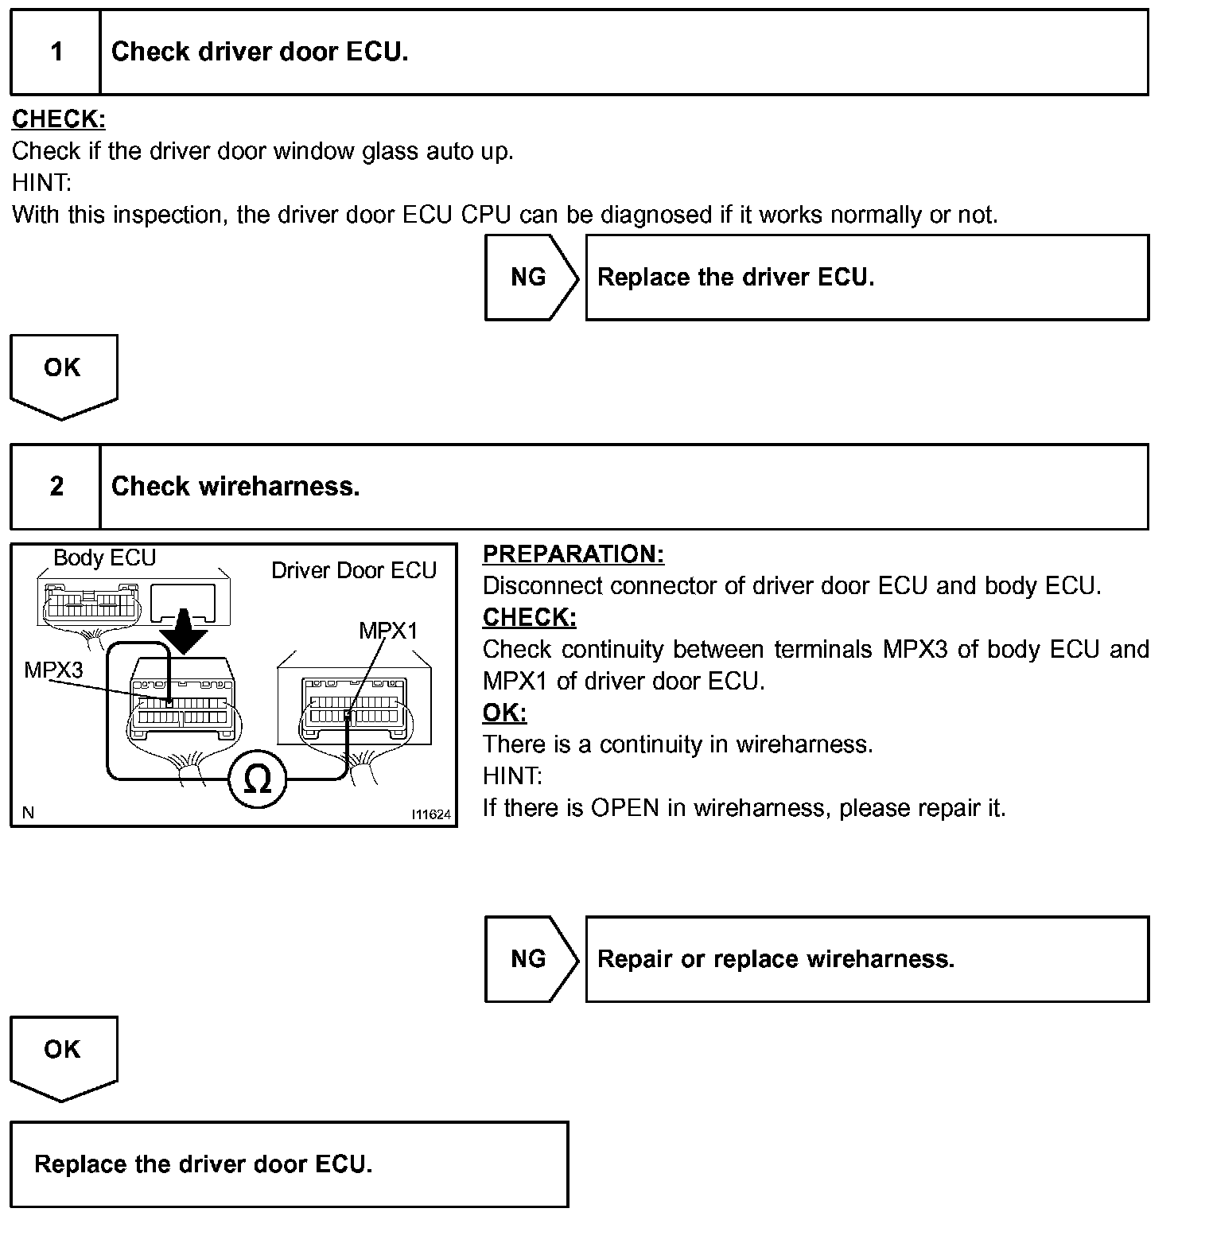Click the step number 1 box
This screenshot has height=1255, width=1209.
tap(56, 52)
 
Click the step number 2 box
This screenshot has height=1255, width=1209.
tap(56, 487)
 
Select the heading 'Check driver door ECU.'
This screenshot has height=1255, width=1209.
tap(259, 52)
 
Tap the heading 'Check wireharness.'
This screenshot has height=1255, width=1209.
tap(235, 487)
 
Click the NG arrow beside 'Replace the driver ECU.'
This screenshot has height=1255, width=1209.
tap(530, 278)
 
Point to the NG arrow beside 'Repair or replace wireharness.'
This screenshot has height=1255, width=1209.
tap(530, 959)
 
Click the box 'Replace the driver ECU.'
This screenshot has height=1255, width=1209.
tap(867, 278)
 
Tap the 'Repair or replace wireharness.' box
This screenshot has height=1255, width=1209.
tap(867, 959)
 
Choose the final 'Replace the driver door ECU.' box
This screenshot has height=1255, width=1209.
tap(290, 1164)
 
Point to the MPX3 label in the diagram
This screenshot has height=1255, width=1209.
tap(53, 670)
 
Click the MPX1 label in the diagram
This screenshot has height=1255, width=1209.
tap(388, 631)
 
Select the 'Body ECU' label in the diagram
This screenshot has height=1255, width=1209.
tap(104, 558)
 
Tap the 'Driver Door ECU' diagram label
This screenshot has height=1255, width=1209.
tap(354, 571)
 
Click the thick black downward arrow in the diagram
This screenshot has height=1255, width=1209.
tap(183, 632)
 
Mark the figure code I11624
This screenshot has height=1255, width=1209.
tap(431, 814)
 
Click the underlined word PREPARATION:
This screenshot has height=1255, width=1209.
tap(573, 554)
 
